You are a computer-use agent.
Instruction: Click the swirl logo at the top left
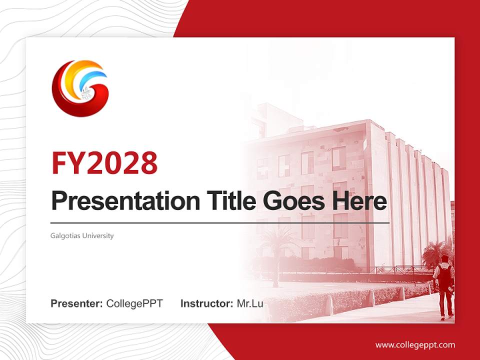point(80,88)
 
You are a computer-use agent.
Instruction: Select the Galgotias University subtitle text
point(82,235)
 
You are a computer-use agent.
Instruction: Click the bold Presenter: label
point(77,303)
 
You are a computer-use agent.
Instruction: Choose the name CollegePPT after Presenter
point(134,303)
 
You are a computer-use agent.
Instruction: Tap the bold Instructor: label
point(206,303)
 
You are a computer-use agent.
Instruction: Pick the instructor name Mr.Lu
point(249,303)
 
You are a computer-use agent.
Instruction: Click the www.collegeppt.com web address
point(415,345)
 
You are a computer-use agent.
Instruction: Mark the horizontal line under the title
point(220,222)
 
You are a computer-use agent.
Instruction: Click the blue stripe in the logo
point(95,77)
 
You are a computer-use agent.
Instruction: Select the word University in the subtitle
point(99,235)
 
